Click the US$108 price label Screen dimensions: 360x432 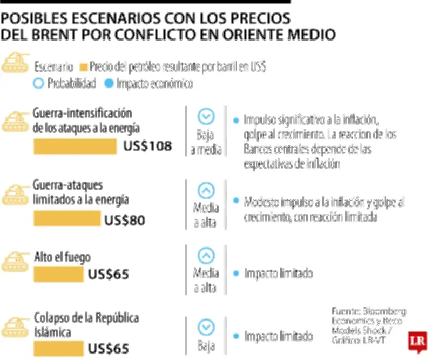point(147,146)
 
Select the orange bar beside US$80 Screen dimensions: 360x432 point(67,219)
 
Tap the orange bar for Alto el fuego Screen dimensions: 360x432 point(58,274)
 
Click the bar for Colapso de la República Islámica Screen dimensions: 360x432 point(58,348)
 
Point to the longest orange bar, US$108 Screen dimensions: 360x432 point(75,146)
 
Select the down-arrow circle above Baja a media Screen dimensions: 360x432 point(206,116)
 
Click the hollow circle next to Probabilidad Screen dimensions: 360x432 point(38,84)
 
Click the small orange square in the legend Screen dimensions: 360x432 point(83,68)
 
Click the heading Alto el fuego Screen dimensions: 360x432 point(62,257)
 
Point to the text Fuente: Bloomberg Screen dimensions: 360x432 point(369,312)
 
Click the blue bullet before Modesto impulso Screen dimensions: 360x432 point(235,201)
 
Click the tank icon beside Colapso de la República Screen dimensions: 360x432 point(16,328)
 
